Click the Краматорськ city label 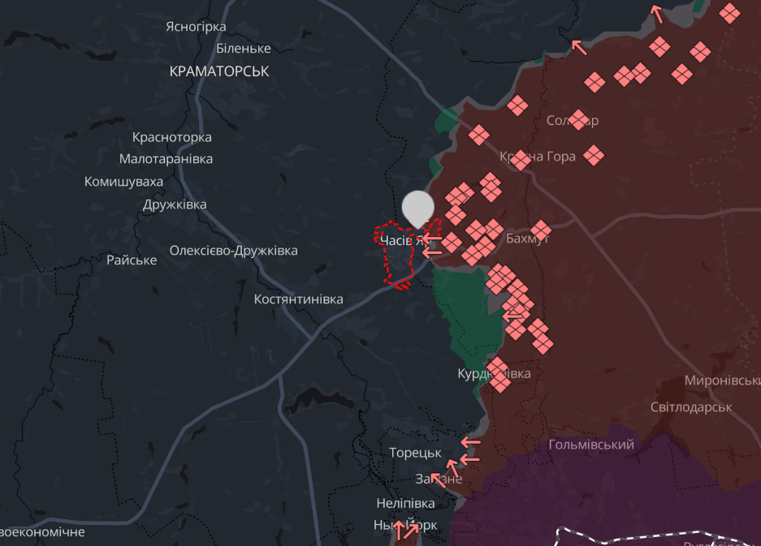point(219,71)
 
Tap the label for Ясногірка point(196,27)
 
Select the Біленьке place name point(244,49)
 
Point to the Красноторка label point(171,137)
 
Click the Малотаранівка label point(166,159)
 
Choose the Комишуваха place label point(123,182)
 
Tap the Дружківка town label point(175,204)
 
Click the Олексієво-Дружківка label point(233,251)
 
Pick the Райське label point(132,260)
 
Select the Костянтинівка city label point(298,299)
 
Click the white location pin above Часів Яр point(418,208)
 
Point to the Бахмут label point(528,239)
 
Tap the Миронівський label point(722,380)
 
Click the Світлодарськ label point(691,406)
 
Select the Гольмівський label point(591,445)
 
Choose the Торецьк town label point(415,453)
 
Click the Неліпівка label point(405,503)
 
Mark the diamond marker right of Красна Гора point(595,155)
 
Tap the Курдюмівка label point(495,374)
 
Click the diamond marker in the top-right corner point(729,12)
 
